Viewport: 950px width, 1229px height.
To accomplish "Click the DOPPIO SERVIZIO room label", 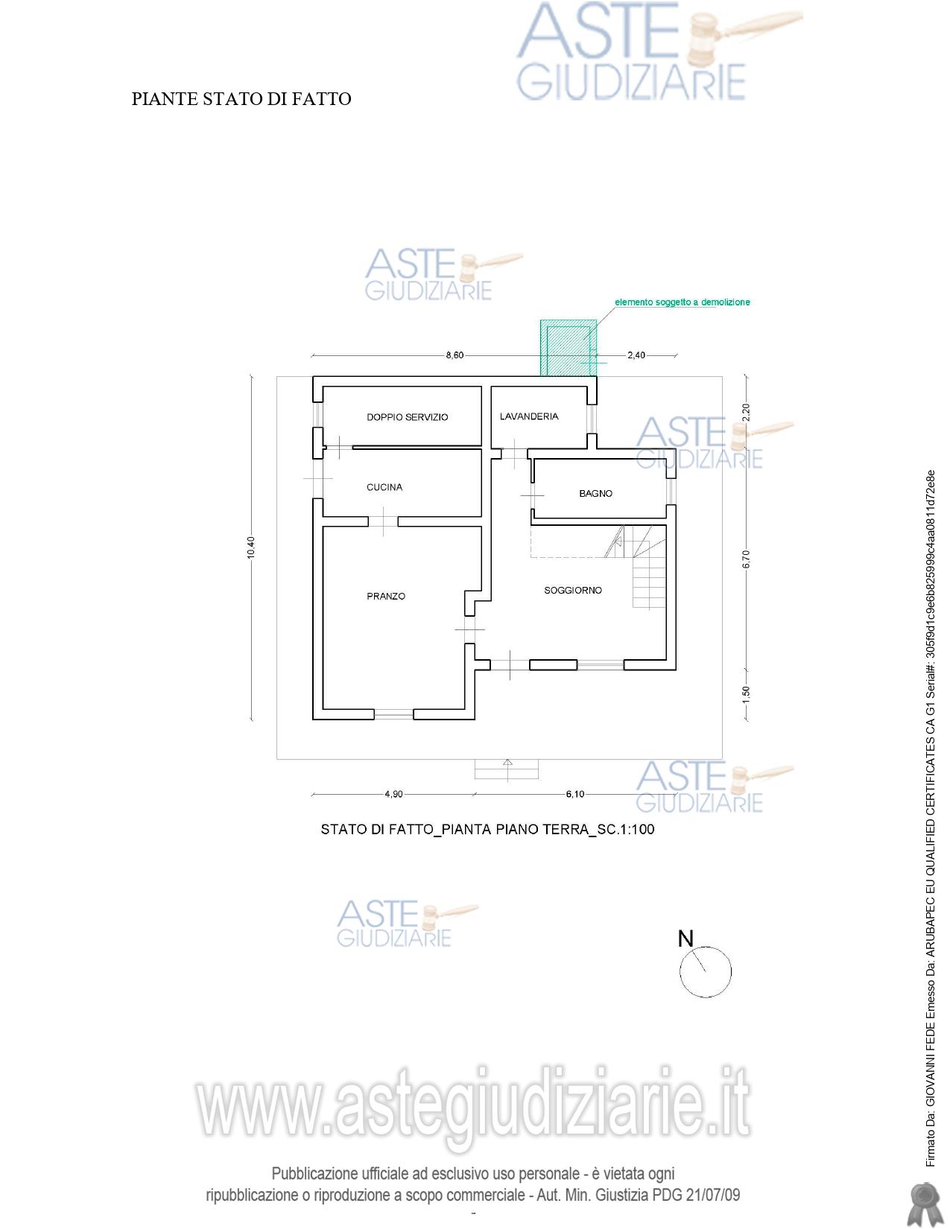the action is pyautogui.click(x=408, y=417).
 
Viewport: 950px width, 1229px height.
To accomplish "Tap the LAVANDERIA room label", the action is pyautogui.click(x=529, y=416).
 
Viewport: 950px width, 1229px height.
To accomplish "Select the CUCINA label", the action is pyautogui.click(x=384, y=487).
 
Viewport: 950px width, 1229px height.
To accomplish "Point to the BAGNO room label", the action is pyautogui.click(x=596, y=493).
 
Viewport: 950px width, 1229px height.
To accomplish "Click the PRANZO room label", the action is pyautogui.click(x=386, y=596).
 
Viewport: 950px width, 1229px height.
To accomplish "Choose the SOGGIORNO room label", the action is pyautogui.click(x=573, y=591).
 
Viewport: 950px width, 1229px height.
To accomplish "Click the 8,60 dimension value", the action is pyautogui.click(x=455, y=355).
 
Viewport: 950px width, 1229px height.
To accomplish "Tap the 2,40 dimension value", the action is pyautogui.click(x=636, y=355).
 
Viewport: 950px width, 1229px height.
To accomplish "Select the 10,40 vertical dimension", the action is pyautogui.click(x=251, y=547).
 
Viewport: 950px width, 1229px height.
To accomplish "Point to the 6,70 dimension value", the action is pyautogui.click(x=747, y=559).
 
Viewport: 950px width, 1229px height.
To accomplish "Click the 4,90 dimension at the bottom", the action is pyautogui.click(x=394, y=794).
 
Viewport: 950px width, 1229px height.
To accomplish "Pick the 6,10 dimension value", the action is pyautogui.click(x=575, y=794).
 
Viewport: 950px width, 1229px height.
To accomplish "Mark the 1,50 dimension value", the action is pyautogui.click(x=747, y=694).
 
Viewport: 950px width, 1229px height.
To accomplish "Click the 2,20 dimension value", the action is pyautogui.click(x=747, y=413).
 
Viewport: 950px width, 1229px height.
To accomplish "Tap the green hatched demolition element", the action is pyautogui.click(x=568, y=347).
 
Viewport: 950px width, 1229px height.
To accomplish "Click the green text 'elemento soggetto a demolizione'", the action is pyautogui.click(x=683, y=302).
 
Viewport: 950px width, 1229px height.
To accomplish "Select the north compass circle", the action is pyautogui.click(x=705, y=972).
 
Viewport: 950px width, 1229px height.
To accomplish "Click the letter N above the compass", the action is pyautogui.click(x=685, y=939).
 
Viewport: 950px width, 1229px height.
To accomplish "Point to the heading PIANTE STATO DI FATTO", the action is pyautogui.click(x=241, y=99).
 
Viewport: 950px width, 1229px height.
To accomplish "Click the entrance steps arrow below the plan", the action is pyautogui.click(x=507, y=769).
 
